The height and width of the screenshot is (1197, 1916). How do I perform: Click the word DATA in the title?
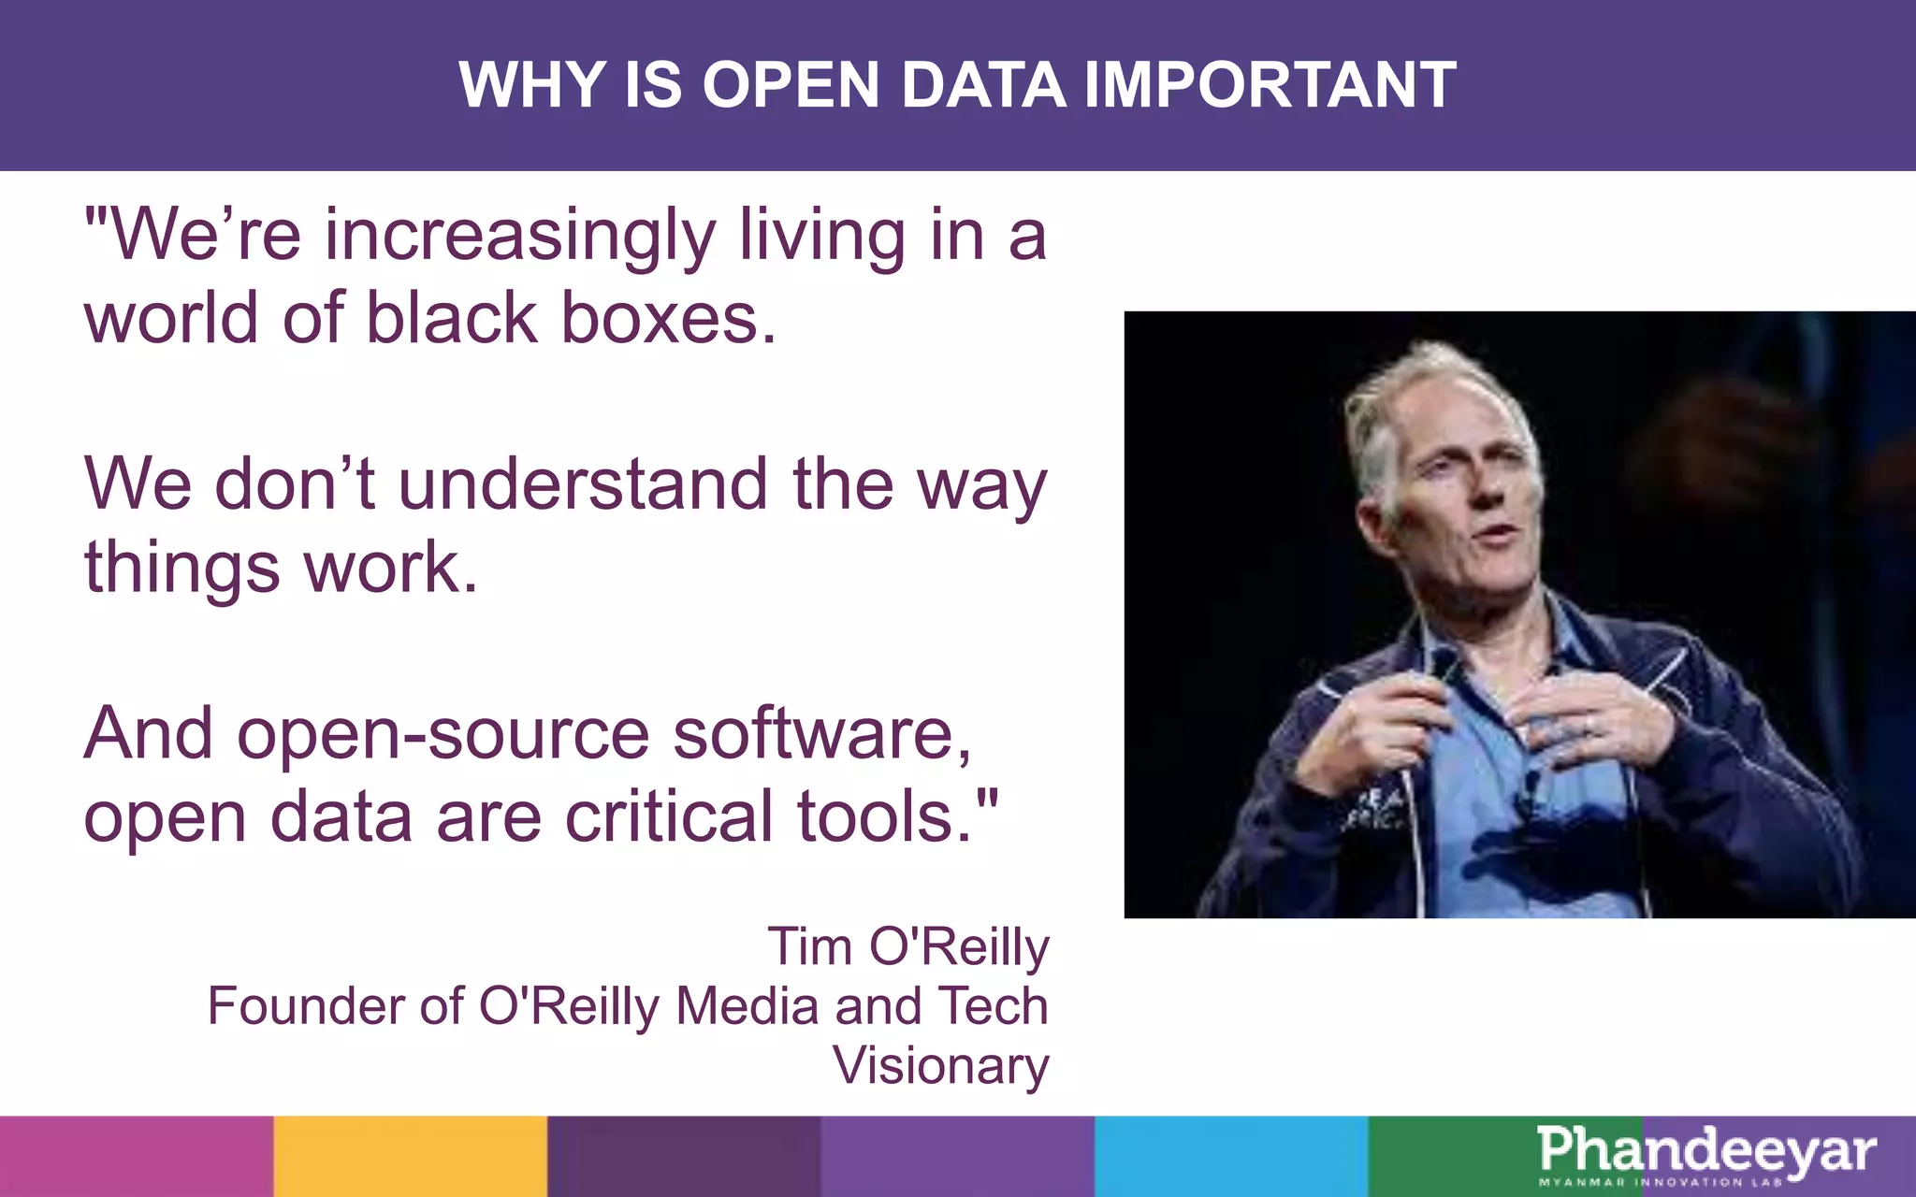(982, 85)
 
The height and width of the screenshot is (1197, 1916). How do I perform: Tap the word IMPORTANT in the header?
(1270, 85)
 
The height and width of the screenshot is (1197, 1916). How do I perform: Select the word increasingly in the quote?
(520, 236)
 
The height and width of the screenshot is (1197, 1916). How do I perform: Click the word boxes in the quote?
(668, 319)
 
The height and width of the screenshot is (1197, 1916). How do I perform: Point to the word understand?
(583, 484)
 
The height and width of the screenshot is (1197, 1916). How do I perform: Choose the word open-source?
(443, 735)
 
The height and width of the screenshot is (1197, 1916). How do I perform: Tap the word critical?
(668, 817)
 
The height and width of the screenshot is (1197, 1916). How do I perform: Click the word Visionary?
(941, 1066)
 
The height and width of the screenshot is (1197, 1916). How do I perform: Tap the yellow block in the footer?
(410, 1156)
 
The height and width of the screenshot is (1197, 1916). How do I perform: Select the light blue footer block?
(1230, 1156)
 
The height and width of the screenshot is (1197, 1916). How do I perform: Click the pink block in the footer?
(137, 1156)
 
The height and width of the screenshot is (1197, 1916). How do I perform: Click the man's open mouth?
(1497, 535)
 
